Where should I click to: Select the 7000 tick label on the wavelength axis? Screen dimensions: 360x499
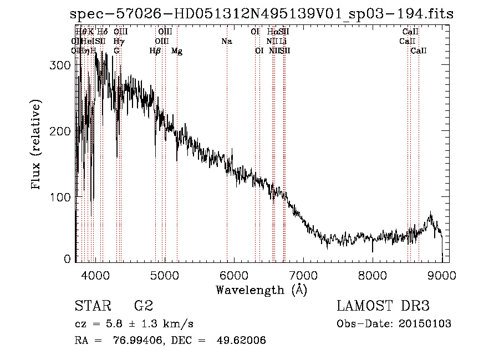click(303, 275)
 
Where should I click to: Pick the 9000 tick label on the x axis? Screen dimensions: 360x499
click(442, 275)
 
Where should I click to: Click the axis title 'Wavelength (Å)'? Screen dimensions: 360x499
click(261, 290)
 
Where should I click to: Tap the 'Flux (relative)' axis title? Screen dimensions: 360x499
click(37, 145)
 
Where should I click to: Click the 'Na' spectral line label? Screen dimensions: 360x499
click(226, 42)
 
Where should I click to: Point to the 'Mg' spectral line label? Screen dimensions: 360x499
click(177, 51)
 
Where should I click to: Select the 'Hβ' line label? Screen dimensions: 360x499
click(155, 51)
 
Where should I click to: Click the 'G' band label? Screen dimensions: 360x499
click(116, 51)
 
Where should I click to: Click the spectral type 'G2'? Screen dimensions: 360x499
click(144, 306)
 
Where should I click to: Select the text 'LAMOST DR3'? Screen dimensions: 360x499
click(383, 306)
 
